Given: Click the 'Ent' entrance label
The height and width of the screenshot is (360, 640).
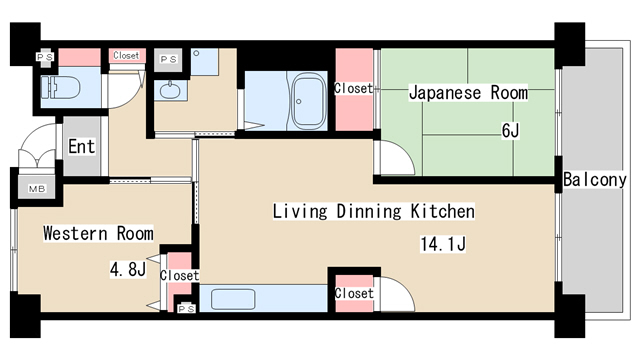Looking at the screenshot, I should [81, 147].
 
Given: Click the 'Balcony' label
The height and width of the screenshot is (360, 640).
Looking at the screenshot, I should [594, 181].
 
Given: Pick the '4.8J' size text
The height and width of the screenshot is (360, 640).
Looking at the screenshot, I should [128, 268].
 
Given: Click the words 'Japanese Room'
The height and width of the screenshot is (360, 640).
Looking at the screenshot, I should [467, 93].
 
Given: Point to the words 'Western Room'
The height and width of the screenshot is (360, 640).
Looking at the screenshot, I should [98, 234].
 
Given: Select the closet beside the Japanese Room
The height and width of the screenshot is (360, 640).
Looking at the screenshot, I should [353, 89].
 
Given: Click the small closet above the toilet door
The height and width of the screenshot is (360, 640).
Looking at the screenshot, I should [126, 56].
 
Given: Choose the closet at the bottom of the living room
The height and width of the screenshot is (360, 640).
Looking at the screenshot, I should [354, 293].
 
